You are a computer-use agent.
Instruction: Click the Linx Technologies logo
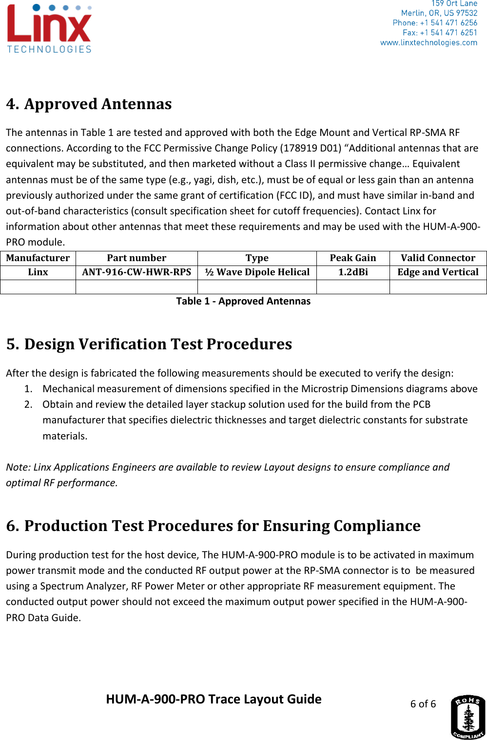49,29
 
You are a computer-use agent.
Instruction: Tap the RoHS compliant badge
468,717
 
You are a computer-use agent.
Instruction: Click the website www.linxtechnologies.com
429,43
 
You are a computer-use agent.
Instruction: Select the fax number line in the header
440,33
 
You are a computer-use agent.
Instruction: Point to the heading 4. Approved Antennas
89,104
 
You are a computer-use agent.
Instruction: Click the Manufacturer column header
38,258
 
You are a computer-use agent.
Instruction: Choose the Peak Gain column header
353,258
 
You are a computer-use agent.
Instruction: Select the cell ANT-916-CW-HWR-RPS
136,272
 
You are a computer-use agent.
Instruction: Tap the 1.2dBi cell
353,272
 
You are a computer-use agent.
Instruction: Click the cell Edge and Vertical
438,272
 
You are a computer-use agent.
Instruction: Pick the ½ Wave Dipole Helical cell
257,272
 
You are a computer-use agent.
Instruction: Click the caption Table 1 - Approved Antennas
243,301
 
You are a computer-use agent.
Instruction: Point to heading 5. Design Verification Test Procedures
149,344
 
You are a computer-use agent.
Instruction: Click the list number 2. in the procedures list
28,404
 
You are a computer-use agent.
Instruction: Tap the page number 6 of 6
423,704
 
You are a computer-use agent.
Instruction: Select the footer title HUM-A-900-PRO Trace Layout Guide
214,699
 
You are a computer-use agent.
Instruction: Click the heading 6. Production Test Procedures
213,526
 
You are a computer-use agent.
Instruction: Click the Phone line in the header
435,23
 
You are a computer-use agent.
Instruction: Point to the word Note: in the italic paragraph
19,467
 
